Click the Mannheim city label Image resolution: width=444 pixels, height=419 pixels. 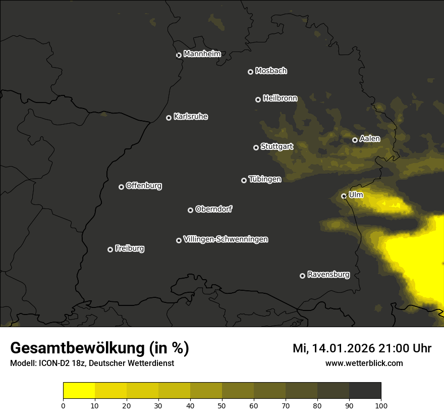coord(202,54)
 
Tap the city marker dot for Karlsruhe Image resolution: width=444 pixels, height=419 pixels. coord(169,118)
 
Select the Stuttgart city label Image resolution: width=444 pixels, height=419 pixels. coord(276,146)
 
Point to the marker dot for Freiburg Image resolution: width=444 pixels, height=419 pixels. coord(110,249)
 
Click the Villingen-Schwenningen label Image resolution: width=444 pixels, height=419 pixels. coord(226,239)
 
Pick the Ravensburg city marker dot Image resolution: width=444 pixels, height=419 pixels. coord(302,276)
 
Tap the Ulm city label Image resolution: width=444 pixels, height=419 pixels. coord(356,195)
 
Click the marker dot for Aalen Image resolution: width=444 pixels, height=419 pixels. coord(355,140)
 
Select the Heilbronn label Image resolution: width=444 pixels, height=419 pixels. coord(280,98)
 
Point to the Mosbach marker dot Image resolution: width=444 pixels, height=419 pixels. coord(250,72)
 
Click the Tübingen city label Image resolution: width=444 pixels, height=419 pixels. coord(265,179)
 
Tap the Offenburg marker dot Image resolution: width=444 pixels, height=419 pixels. coord(121,187)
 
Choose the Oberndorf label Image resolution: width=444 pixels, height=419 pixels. coord(213,209)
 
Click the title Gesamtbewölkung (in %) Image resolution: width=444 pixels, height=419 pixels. coord(99,348)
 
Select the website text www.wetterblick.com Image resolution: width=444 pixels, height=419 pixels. coord(364,363)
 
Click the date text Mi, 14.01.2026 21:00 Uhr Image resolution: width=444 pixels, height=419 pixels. coord(362,348)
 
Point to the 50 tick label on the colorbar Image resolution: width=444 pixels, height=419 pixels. coord(222,405)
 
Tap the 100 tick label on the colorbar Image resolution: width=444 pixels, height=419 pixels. coord(381,405)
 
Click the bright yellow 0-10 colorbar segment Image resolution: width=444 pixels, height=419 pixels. coord(79,391)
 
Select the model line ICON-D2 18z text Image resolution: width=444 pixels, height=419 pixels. coord(92,363)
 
